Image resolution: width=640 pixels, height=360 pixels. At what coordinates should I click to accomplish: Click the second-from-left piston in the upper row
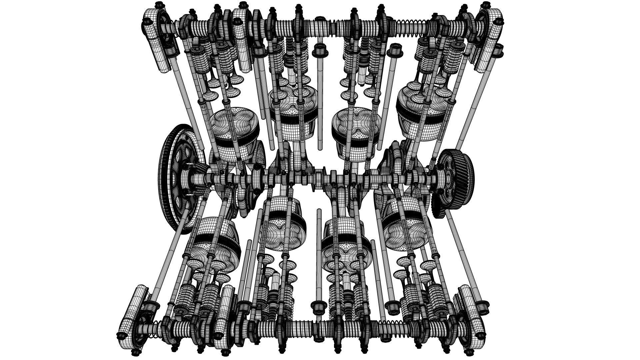coord(293,110)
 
